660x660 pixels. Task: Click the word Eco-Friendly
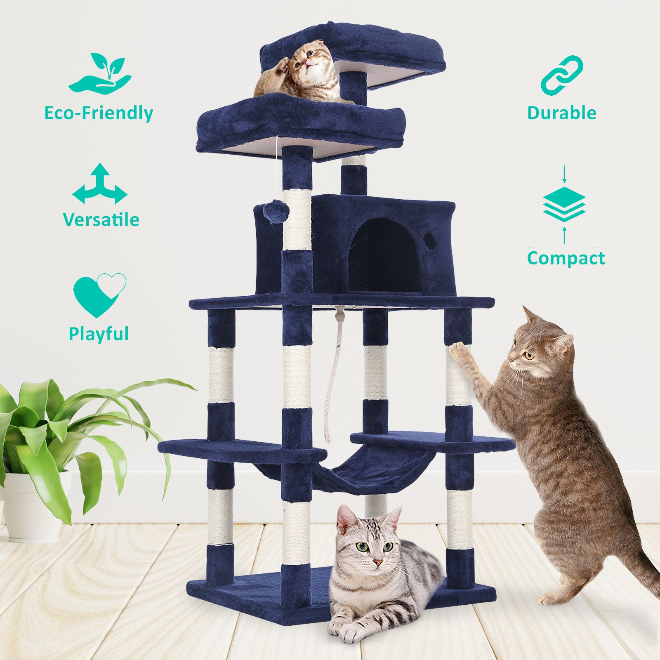[99, 113]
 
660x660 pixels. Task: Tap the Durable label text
[561, 113]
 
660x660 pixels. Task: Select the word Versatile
[101, 219]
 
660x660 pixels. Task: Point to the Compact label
[566, 259]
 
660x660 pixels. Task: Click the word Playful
[99, 334]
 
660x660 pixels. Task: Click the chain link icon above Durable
[561, 75]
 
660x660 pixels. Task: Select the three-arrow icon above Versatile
[100, 184]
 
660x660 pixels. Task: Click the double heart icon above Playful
[99, 294]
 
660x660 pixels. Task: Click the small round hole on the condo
[429, 238]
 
